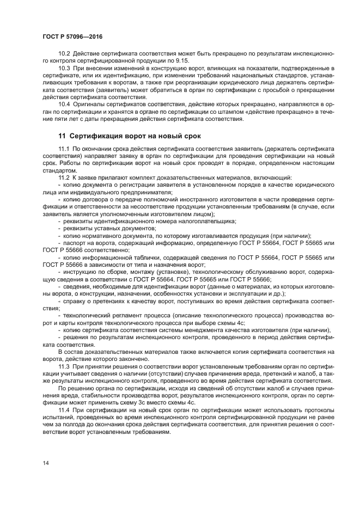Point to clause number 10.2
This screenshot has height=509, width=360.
tap(64, 54)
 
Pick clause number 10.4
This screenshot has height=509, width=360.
tap(64, 102)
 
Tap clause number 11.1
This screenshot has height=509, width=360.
tap(64, 149)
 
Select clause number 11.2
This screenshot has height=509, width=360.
tap(64, 177)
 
